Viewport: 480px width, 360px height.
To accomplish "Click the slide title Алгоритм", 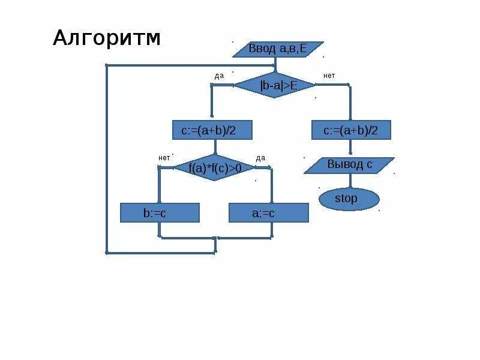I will pyautogui.click(x=107, y=38).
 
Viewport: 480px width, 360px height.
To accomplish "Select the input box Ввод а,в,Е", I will pyautogui.click(x=278, y=49).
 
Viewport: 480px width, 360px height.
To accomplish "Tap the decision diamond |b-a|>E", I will pyautogui.click(x=275, y=85).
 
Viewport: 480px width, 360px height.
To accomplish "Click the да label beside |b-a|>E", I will pyautogui.click(x=219, y=76).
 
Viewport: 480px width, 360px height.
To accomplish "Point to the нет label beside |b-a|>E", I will pyautogui.click(x=329, y=76).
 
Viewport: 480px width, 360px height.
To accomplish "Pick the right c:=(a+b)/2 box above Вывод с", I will pyautogui.click(x=351, y=130).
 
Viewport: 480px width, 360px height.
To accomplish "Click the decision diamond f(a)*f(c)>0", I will pyautogui.click(x=215, y=168).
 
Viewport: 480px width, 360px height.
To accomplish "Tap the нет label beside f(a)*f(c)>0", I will pyautogui.click(x=164, y=157).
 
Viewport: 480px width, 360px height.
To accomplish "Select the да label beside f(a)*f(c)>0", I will pyautogui.click(x=260, y=158).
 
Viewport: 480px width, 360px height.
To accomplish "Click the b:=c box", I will pyautogui.click(x=159, y=213).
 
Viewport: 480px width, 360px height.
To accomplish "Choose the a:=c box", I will pyautogui.click(x=268, y=213).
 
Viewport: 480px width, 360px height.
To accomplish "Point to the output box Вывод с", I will pyautogui.click(x=349, y=165).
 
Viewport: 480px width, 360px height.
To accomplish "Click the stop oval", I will pyautogui.click(x=349, y=199).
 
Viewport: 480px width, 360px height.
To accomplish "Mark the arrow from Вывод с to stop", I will pyautogui.click(x=349, y=181).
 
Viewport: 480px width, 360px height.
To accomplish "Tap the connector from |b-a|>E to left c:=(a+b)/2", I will pyautogui.click(x=212, y=102).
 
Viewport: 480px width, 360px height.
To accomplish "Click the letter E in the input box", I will pyautogui.click(x=303, y=49).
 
